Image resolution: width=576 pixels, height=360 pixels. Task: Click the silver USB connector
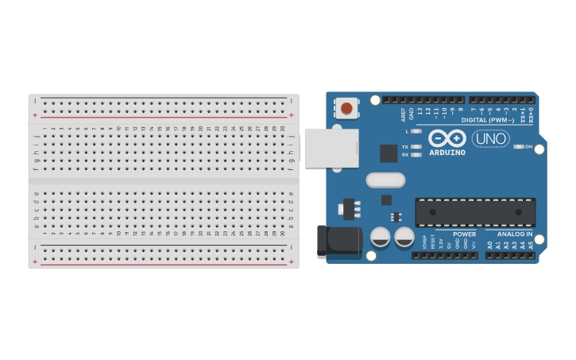[331, 148]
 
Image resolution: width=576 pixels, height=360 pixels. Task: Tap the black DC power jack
[339, 241]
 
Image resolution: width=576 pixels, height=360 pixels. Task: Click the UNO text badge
[490, 138]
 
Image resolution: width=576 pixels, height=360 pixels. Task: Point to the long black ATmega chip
[475, 212]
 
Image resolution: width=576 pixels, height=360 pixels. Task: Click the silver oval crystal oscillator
[385, 180]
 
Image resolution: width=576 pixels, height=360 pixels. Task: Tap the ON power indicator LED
[518, 146]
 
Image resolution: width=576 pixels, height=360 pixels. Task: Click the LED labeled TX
[416, 147]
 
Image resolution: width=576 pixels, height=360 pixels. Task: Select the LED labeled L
[416, 131]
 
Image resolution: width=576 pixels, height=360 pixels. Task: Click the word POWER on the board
[465, 234]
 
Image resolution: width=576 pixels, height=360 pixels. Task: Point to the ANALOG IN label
[515, 234]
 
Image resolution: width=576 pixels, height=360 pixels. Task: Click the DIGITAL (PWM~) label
[488, 120]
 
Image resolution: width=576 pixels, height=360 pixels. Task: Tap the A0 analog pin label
[489, 245]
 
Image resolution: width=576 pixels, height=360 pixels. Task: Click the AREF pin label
[403, 114]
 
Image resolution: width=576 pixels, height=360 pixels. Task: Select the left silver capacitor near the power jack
[381, 236]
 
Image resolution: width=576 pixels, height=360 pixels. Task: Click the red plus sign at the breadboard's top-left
[35, 115]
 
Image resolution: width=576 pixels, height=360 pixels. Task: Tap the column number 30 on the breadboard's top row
[282, 128]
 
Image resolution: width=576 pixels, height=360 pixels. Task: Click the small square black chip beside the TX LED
[389, 153]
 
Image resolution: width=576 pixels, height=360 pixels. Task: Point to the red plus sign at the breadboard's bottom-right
[292, 261]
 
